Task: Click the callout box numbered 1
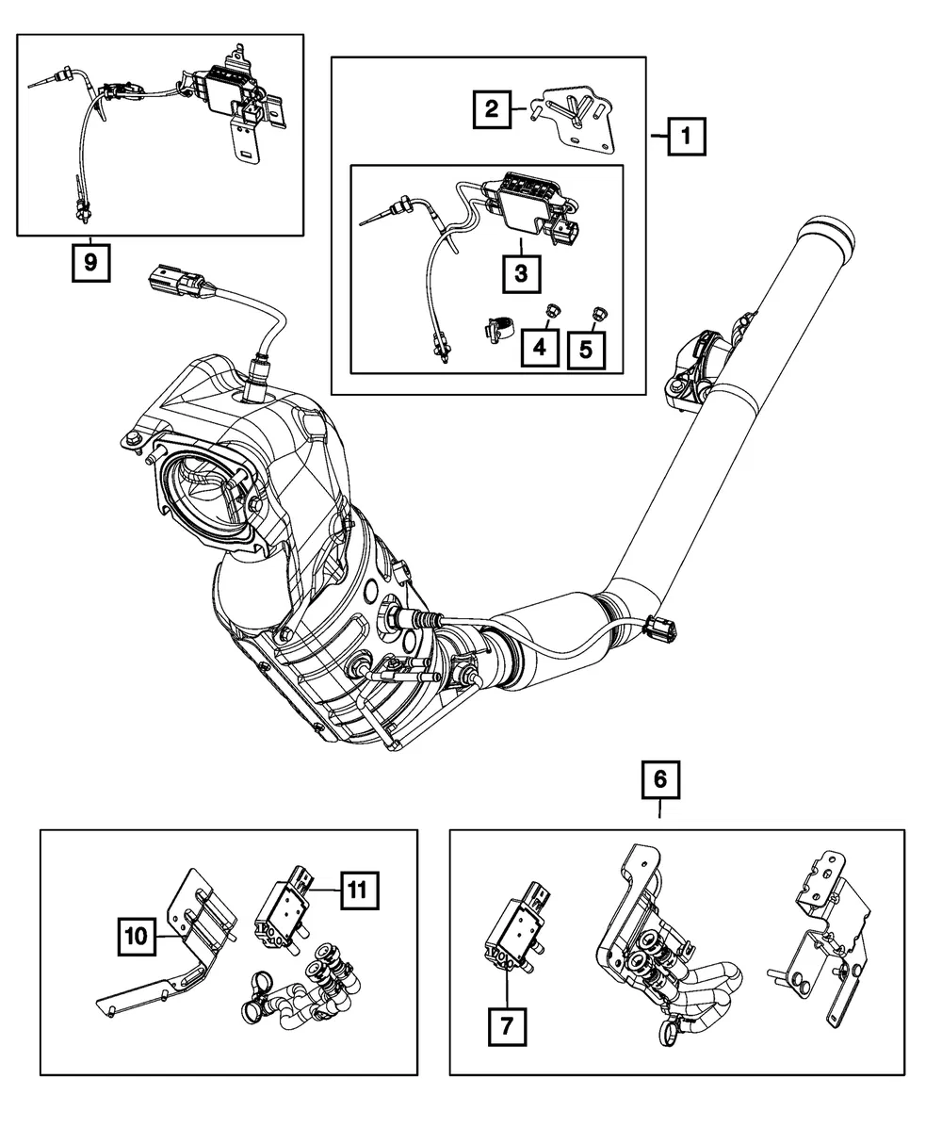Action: pos(686,137)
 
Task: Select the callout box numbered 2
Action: pos(492,109)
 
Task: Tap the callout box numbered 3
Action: pos(521,273)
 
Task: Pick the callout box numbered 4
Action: pos(540,348)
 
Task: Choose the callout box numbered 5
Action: pos(586,351)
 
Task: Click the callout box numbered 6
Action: pos(661,779)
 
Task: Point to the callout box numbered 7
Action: pos(507,1026)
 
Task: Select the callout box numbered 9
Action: pos(91,263)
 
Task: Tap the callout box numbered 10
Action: pos(137,937)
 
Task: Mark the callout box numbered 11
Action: pos(359,891)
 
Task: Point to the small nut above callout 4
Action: pos(549,311)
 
